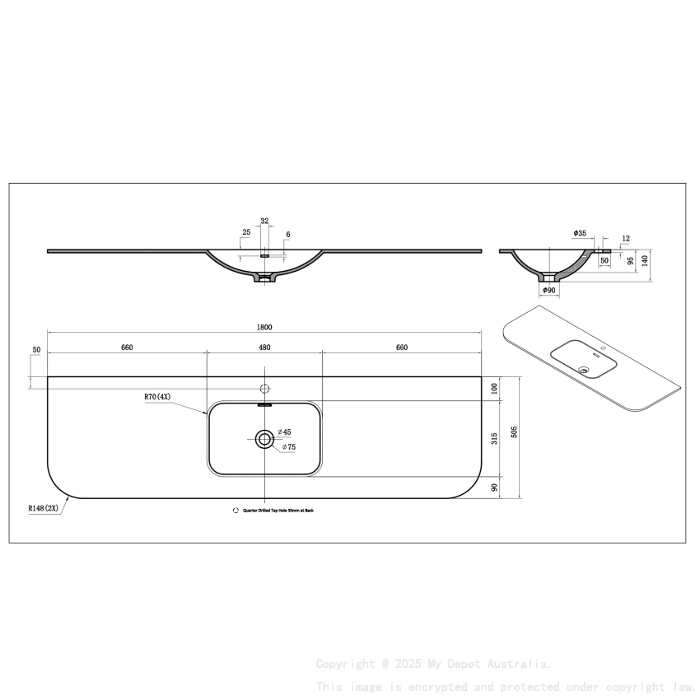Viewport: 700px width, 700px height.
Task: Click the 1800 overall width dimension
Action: point(264,327)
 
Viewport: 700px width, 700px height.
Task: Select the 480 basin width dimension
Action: point(264,348)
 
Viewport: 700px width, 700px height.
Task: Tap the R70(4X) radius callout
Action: point(156,397)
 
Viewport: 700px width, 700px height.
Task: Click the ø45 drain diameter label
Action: point(285,432)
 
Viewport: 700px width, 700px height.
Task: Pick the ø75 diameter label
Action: point(288,447)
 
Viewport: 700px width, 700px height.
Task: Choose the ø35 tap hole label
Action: point(581,234)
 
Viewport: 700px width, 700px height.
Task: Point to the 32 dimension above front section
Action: point(264,221)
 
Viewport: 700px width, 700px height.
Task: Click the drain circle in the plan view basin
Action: point(264,439)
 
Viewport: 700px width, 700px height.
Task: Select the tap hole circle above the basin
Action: point(264,388)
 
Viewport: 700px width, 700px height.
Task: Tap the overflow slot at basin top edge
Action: point(264,404)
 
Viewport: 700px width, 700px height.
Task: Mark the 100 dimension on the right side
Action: point(494,387)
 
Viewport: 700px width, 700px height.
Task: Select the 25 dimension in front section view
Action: point(246,232)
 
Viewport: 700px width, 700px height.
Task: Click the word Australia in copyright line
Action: point(521,664)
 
